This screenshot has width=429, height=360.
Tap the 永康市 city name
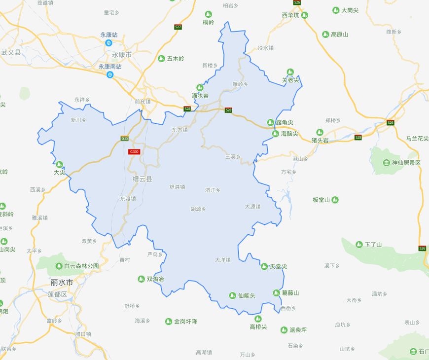[121, 54]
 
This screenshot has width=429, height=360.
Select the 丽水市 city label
[62, 283]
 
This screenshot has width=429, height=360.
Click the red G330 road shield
[134, 152]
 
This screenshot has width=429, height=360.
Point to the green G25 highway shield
[124, 139]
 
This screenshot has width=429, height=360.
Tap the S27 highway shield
[178, 27]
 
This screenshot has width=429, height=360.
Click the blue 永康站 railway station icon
[109, 43]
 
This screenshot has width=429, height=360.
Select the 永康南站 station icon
[110, 75]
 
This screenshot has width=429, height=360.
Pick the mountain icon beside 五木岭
[161, 59]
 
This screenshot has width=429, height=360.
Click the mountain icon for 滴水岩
[200, 87]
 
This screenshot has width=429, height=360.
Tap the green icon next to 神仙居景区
[387, 163]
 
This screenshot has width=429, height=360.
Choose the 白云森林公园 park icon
[59, 266]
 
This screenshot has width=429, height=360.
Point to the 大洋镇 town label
[222, 259]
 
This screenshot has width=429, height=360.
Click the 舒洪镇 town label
[177, 187]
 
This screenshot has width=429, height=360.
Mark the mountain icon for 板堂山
[335, 200]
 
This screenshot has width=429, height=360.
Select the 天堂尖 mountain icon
[264, 266]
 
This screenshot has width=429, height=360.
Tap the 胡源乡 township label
[198, 209]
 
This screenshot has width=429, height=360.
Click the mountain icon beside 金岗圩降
[169, 322]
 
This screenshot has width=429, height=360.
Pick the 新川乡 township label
[78, 119]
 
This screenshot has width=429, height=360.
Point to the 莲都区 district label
[57, 294]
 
